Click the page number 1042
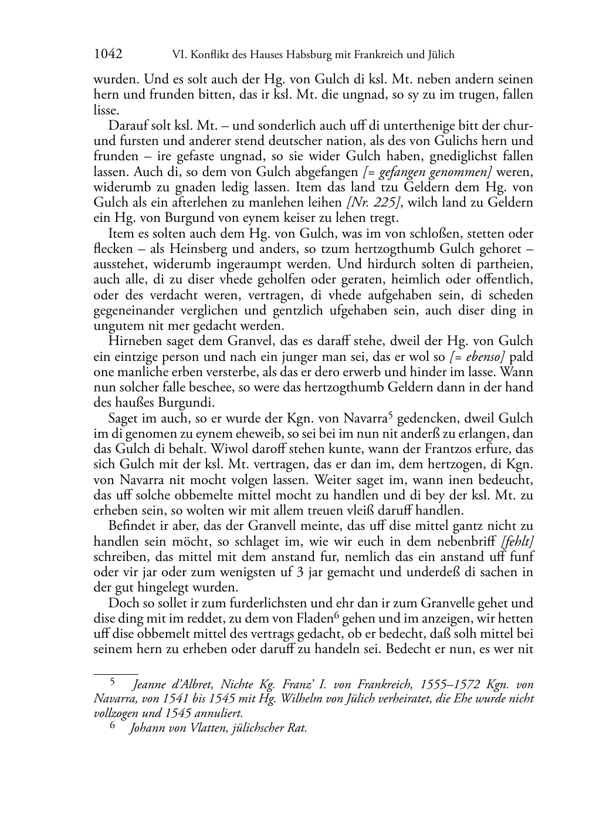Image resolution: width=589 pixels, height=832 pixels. [108, 55]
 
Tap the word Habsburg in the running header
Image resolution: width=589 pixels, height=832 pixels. [301, 55]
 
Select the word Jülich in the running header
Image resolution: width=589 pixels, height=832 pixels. [439, 55]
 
